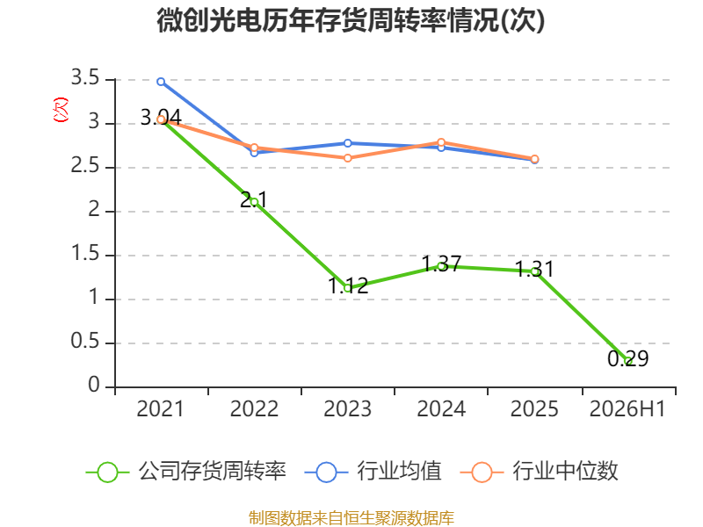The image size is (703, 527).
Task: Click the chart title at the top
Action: click(x=351, y=21)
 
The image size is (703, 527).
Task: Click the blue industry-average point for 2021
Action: click(x=161, y=82)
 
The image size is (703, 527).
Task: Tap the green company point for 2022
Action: click(x=254, y=202)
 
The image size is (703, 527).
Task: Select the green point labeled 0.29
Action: click(x=627, y=361)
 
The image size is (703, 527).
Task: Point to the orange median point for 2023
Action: click(x=347, y=158)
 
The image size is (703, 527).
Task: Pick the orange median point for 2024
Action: click(x=441, y=142)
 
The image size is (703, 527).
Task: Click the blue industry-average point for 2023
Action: click(x=347, y=143)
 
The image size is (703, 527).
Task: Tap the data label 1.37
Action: click(x=441, y=263)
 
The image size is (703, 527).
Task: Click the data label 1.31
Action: click(x=534, y=269)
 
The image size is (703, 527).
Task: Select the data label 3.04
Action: click(x=161, y=118)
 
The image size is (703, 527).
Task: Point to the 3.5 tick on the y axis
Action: click(x=85, y=78)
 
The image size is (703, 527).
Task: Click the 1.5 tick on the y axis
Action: click(x=85, y=254)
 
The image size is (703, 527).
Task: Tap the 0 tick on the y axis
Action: click(x=94, y=386)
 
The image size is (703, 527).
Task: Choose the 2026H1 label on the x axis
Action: click(x=627, y=408)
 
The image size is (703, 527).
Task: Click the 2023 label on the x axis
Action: click(x=347, y=408)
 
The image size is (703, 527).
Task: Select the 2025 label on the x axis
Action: click(x=534, y=408)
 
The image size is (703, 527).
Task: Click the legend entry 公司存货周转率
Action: click(x=186, y=472)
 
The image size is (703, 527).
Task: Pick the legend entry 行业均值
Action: click(x=373, y=472)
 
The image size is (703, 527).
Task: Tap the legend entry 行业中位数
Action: click(x=540, y=472)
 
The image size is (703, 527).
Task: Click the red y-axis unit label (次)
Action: click(x=61, y=110)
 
